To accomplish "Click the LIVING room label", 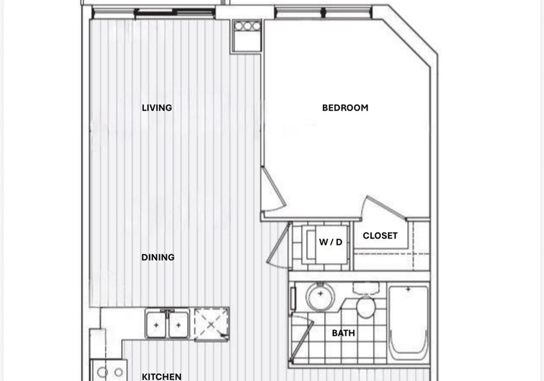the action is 157,108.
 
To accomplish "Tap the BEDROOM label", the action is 345,108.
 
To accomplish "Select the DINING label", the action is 158,257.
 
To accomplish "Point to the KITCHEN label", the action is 161,376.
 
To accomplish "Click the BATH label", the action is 343,333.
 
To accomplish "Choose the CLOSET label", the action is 380,236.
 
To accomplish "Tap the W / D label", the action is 330,242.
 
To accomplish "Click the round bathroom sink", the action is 320,295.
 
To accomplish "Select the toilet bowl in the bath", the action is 365,307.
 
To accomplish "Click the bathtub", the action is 409,323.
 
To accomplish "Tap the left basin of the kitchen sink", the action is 157,324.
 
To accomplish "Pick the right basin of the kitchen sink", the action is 178,324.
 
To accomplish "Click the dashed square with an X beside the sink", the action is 211,324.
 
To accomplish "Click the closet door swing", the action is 381,206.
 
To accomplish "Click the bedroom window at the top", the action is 324,13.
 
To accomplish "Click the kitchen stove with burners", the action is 109,371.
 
